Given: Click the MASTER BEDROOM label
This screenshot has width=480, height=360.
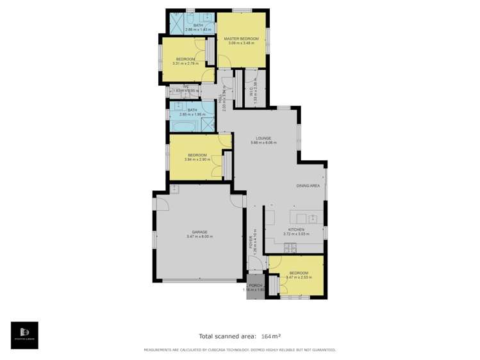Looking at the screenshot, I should (241, 38).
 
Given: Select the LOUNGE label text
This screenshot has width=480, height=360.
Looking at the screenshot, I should (263, 138).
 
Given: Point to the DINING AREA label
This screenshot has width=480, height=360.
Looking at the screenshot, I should (308, 186).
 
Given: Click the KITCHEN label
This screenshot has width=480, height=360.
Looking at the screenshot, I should (296, 229).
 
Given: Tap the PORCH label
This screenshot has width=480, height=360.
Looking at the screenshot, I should (255, 285).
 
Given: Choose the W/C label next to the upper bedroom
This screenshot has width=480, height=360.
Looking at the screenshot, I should (185, 86).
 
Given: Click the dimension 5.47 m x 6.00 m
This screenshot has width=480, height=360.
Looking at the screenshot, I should (199, 237).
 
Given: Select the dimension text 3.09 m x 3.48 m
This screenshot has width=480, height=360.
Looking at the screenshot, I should (241, 44).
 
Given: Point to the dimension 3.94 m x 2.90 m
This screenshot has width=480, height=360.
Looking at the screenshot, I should (197, 160).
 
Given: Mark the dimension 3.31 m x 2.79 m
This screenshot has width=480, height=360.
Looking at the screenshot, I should (185, 63).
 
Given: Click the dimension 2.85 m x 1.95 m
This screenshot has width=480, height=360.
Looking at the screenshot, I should (192, 115).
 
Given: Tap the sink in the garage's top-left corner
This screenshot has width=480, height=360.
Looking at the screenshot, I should (175, 188).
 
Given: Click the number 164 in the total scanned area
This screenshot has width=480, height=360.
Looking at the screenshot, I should (266, 336).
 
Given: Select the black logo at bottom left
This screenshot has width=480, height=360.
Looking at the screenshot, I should (24, 335).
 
